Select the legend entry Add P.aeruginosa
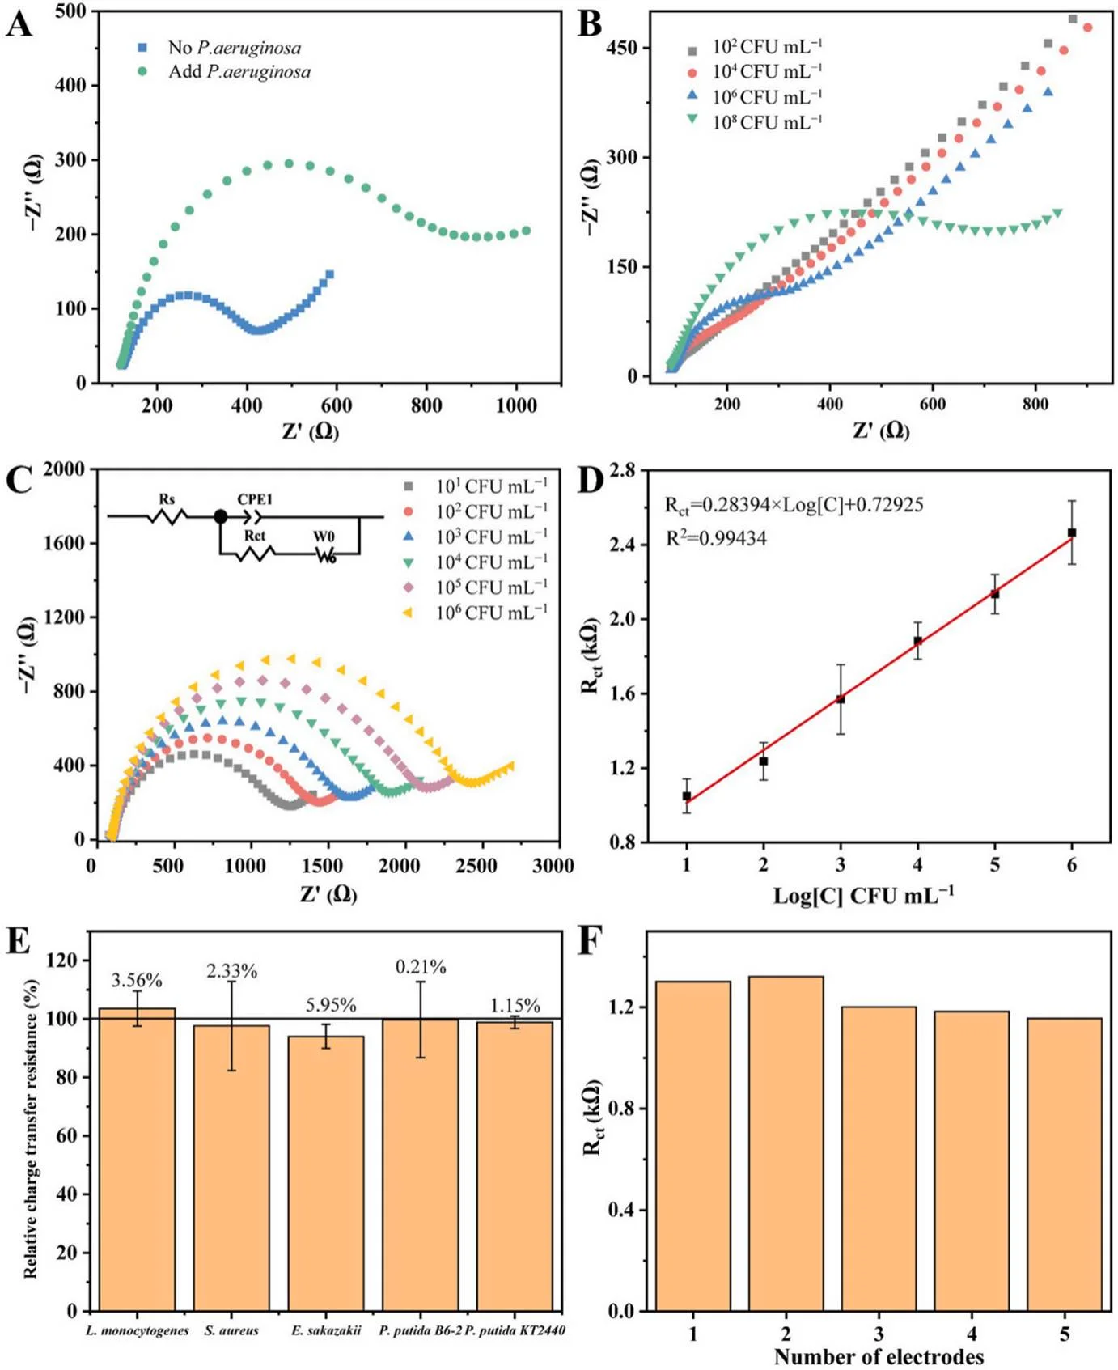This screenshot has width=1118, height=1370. coord(239,72)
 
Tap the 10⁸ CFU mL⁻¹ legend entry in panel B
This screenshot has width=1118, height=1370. coord(766,123)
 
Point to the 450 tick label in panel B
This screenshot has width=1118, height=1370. coord(621,48)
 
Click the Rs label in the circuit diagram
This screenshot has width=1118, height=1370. coord(167,499)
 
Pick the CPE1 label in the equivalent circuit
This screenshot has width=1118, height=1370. coord(255,499)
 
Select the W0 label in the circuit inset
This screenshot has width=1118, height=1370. coord(324,537)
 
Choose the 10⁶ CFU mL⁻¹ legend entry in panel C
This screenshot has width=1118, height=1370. coord(491,613)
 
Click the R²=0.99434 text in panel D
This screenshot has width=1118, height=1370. coord(716,538)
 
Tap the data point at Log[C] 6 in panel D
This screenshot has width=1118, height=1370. coord(1072,532)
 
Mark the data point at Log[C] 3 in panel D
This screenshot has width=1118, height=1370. coord(841,699)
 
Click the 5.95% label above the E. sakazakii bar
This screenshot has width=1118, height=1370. coord(331,1005)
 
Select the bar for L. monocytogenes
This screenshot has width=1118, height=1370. coord(137,1157)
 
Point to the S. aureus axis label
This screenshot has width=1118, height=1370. coord(231,1330)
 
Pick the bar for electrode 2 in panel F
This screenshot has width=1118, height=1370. coord(786,1141)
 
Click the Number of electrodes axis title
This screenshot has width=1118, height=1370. coord(879,1356)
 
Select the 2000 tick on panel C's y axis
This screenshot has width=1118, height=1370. coord(64,469)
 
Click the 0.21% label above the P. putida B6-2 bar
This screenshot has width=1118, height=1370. coord(421,967)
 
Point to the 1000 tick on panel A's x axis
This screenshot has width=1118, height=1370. coord(515,405)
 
